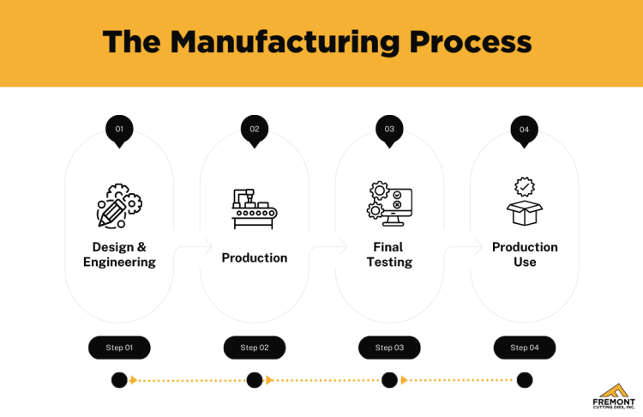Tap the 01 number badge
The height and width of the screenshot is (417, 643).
119,130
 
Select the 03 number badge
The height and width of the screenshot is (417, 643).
389,130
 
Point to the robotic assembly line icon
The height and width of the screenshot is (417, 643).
255,208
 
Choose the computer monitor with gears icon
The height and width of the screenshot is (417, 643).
389,203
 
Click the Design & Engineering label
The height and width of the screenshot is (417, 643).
119,255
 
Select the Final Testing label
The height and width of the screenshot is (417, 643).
389,255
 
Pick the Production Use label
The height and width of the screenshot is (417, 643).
524,255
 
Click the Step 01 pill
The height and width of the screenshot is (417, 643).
119,347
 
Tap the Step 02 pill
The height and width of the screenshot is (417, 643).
255,347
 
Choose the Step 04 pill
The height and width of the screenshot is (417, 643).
524,347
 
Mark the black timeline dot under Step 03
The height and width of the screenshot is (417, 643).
389,380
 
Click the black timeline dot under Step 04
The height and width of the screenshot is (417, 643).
524,380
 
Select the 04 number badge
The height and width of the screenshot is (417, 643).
524,130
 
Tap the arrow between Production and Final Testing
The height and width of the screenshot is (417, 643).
321,248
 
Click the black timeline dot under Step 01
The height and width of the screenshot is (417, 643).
119,380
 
